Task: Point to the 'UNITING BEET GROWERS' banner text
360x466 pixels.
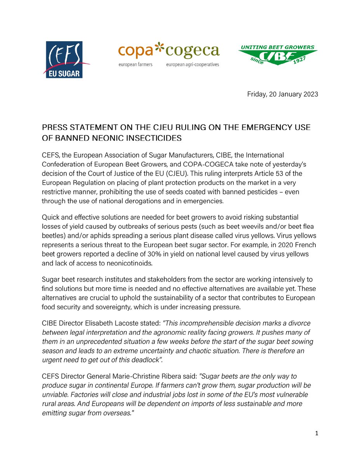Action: (277, 47)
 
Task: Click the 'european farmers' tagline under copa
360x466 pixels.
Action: (135, 64)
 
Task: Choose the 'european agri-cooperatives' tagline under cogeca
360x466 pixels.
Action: (192, 64)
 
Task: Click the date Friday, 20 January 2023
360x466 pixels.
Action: (282, 95)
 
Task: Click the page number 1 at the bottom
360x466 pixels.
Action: (317, 434)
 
